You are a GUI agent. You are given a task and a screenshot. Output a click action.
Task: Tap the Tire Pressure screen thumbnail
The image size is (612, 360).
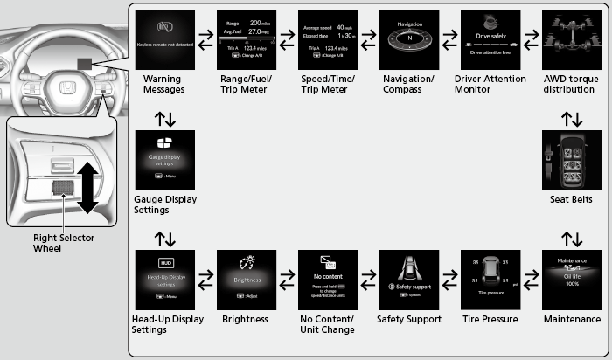[490, 280]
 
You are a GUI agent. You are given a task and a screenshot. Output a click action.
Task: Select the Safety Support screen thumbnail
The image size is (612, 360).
[409, 280]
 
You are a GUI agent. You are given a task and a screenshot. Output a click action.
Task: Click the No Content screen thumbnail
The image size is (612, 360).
[328, 280]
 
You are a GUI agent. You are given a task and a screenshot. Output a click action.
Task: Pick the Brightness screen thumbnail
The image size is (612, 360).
[247, 280]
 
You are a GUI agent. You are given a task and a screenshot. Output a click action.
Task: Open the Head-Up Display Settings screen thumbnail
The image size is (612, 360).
[165, 280]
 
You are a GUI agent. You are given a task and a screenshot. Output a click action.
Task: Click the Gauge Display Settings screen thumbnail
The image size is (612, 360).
[165, 160]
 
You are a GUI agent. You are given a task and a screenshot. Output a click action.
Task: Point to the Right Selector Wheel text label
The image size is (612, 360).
[64, 242]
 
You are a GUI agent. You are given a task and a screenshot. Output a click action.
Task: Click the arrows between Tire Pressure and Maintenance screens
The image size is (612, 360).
[531, 280]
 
